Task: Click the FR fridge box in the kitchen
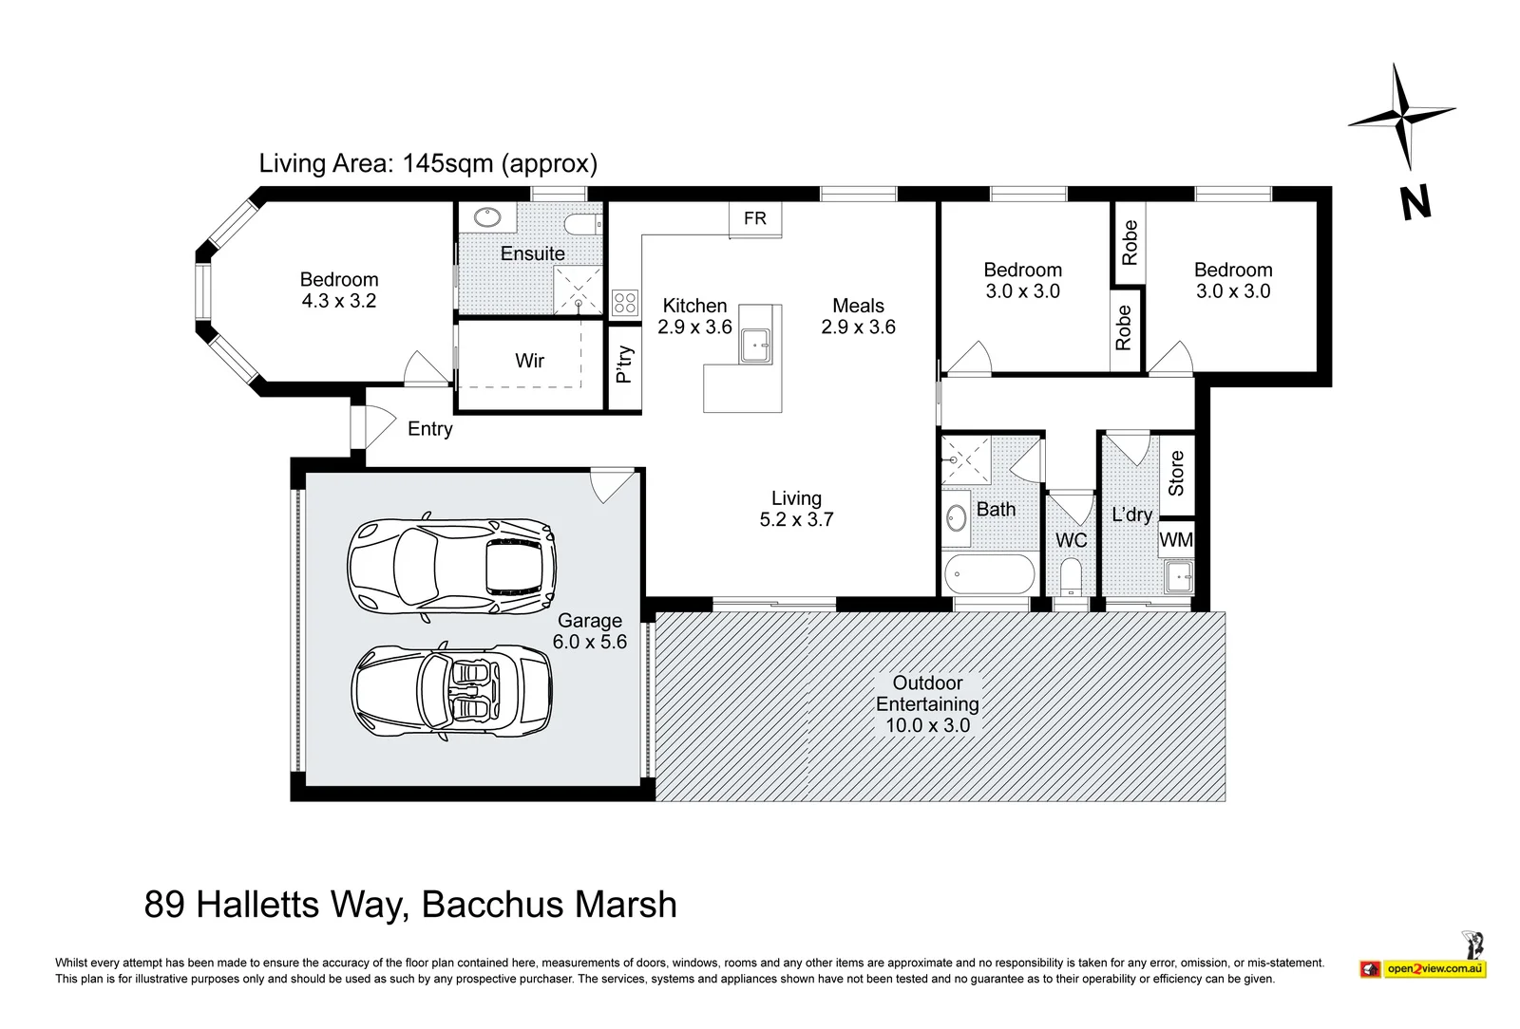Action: click(755, 218)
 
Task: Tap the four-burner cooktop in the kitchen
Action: click(624, 302)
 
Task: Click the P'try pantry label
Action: click(624, 364)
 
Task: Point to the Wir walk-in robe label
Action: click(529, 360)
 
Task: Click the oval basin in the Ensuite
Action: click(486, 217)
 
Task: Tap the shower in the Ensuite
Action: click(578, 290)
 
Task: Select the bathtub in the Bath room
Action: click(989, 574)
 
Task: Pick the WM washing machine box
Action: click(1176, 539)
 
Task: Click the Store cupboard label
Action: click(1176, 473)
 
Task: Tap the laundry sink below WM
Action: click(1179, 577)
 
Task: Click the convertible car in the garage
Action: click(452, 691)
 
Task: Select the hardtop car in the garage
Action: click(452, 567)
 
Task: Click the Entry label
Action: click(429, 428)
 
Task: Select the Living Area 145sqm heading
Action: click(428, 163)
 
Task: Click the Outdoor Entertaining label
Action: click(927, 693)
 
